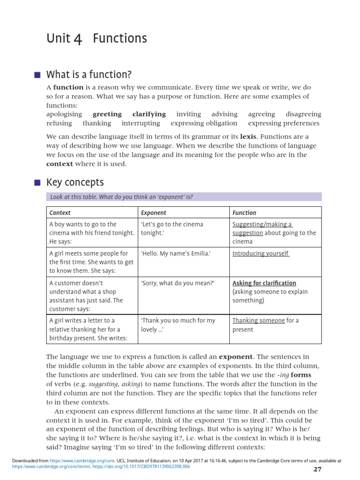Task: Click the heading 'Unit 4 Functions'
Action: (x=97, y=38)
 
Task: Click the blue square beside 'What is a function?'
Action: (x=38, y=75)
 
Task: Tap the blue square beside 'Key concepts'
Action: (x=38, y=182)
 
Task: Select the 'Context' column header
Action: (x=60, y=212)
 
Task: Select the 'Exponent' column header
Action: (x=153, y=212)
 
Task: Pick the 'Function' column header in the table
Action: (x=244, y=212)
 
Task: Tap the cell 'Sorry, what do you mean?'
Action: (x=178, y=283)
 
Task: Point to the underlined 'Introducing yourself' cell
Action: (x=261, y=254)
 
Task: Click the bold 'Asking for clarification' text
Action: (x=264, y=283)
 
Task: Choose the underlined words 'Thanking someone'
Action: (x=259, y=321)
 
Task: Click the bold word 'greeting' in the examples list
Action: (x=107, y=114)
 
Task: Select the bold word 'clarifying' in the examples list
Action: (x=149, y=114)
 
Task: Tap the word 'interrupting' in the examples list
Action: (x=141, y=123)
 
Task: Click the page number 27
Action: (x=317, y=469)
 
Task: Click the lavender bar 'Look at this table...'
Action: (x=184, y=197)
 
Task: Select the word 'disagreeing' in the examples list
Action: (x=303, y=114)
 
